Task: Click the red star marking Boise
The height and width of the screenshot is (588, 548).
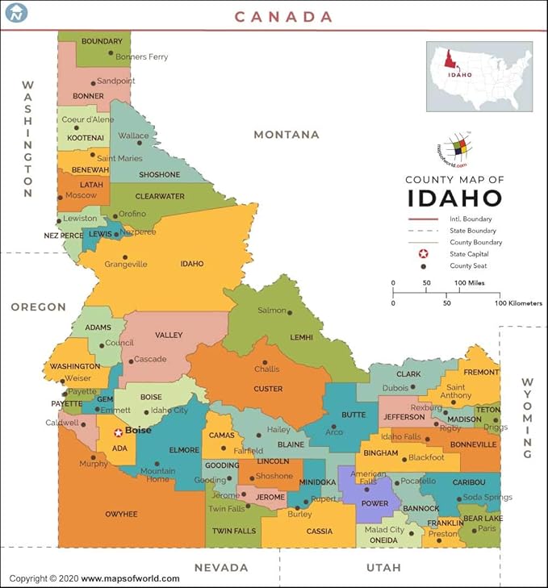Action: pyautogui.click(x=118, y=432)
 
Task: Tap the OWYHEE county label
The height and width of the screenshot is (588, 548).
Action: pyautogui.click(x=121, y=514)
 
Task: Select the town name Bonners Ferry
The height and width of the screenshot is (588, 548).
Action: pyautogui.click(x=142, y=57)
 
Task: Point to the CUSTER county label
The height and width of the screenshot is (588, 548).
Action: pyautogui.click(x=268, y=389)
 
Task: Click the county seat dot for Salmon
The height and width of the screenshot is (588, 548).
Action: pyautogui.click(x=290, y=312)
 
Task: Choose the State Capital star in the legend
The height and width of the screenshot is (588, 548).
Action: pyautogui.click(x=422, y=254)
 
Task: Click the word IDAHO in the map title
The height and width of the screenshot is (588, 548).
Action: pyautogui.click(x=454, y=198)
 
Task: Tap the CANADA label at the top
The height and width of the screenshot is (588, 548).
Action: pyautogui.click(x=283, y=16)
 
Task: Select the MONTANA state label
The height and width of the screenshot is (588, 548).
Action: pyautogui.click(x=287, y=135)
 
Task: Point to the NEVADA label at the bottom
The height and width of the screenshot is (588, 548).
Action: pyautogui.click(x=220, y=568)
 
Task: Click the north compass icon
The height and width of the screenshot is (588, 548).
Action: pyautogui.click(x=16, y=12)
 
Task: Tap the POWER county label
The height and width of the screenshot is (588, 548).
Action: pyautogui.click(x=374, y=504)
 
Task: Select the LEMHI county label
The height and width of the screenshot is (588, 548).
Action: pyautogui.click(x=301, y=338)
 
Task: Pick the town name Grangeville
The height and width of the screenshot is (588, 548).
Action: pyautogui.click(x=126, y=264)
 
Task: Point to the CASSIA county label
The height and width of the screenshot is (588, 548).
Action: pyautogui.click(x=319, y=532)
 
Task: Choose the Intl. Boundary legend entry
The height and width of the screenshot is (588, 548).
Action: pyautogui.click(x=472, y=219)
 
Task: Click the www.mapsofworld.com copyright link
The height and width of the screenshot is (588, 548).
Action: pyautogui.click(x=130, y=578)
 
